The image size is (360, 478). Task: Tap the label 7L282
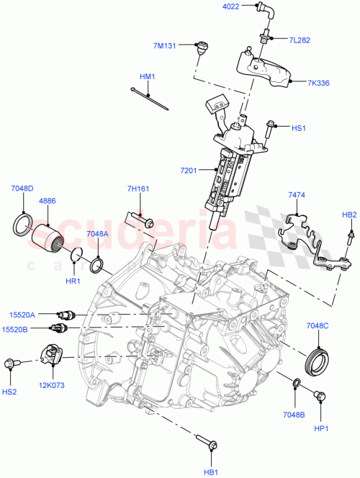coord(300,40)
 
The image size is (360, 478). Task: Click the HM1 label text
coord(148,76)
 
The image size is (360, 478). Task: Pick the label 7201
coord(189,170)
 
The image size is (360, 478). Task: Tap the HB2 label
coord(348,215)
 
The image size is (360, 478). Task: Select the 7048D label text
coord(22,189)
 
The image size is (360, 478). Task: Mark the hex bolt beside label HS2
coord(12,364)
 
